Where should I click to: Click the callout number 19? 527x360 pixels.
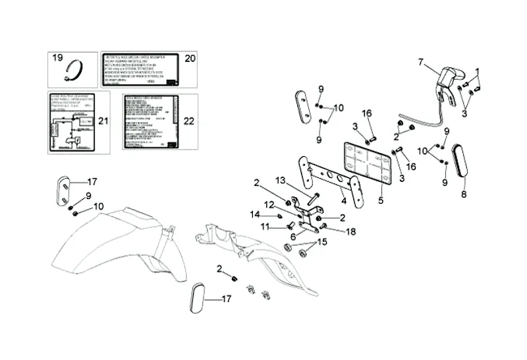(x=57, y=59)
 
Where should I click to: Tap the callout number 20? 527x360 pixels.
(x=190, y=59)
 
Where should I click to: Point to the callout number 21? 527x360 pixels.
(x=102, y=121)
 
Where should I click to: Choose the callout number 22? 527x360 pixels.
(x=189, y=121)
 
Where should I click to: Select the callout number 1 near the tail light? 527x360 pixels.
(x=478, y=71)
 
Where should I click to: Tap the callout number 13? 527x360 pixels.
(x=281, y=181)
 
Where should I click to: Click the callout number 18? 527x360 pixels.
(x=350, y=231)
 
